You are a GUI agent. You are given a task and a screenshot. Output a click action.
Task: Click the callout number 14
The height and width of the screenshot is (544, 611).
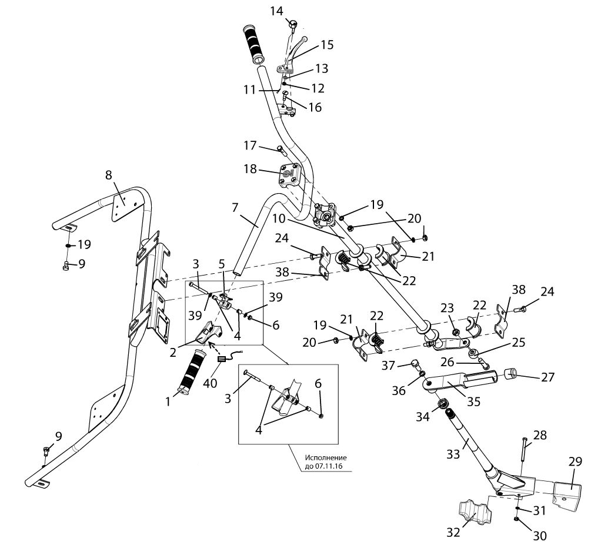click(276, 11)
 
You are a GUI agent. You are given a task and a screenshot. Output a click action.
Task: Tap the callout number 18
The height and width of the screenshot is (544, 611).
click(250, 169)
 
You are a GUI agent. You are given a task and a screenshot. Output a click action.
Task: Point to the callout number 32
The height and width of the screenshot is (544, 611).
click(453, 532)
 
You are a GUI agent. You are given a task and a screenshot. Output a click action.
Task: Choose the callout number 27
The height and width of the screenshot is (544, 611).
click(547, 377)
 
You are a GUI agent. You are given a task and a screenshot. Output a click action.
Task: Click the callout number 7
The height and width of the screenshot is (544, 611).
click(235, 207)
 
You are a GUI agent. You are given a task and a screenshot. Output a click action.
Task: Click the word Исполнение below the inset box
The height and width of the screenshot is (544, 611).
click(325, 457)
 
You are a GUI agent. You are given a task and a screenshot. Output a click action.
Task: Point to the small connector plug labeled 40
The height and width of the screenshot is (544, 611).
click(222, 359)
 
